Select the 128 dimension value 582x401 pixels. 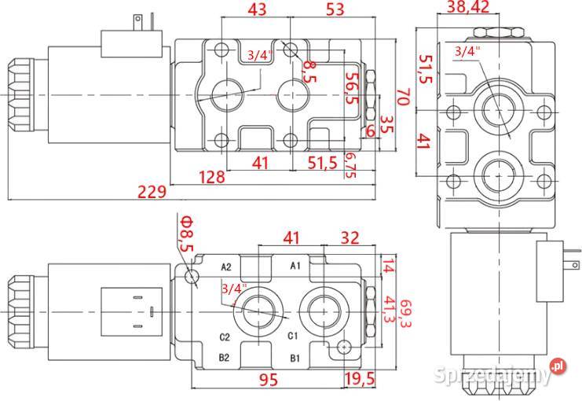(210, 177)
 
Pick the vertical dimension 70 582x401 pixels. (402, 97)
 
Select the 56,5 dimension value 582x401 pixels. (353, 86)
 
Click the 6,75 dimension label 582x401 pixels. (350, 167)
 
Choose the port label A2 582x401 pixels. (226, 267)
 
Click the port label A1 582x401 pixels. (296, 266)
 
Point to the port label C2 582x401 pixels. (225, 337)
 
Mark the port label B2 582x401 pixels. (225, 359)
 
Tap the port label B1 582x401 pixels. (296, 359)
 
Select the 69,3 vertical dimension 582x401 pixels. (405, 312)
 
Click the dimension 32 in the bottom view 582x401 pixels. (351, 237)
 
